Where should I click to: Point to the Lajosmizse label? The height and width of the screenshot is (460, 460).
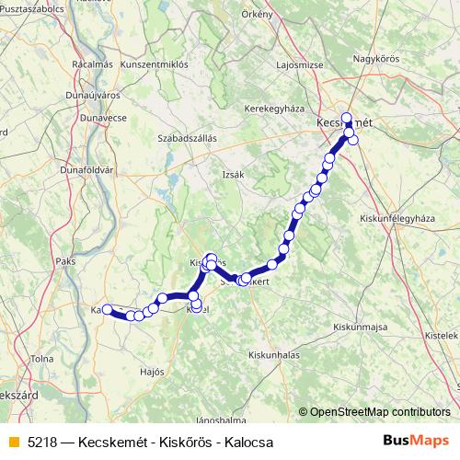click(x=300, y=65)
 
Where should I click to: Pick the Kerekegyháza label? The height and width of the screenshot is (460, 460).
click(x=274, y=109)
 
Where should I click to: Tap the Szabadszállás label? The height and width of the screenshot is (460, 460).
click(x=187, y=138)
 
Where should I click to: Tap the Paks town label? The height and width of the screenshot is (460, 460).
click(x=66, y=261)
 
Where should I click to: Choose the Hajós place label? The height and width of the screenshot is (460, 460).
click(x=153, y=372)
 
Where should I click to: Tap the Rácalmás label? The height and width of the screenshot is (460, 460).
click(x=91, y=64)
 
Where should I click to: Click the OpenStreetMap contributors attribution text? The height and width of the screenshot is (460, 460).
click(x=379, y=412)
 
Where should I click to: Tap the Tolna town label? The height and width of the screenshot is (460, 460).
click(x=42, y=358)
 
